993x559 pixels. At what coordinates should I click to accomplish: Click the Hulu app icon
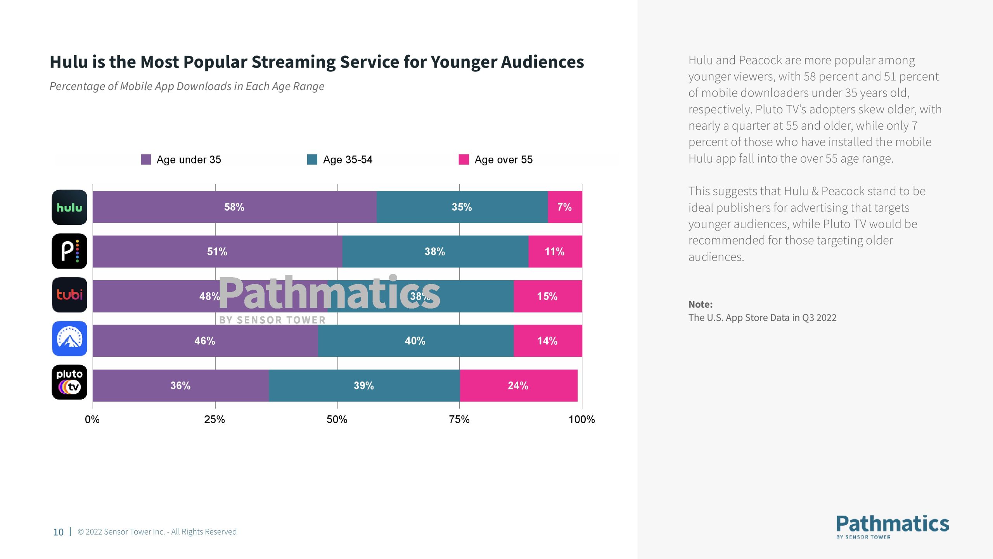[x=69, y=207]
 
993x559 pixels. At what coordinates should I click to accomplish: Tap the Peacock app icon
[x=69, y=251]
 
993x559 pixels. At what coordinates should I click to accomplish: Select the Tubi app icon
[x=69, y=295]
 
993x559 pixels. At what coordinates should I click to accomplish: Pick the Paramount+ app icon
[x=69, y=339]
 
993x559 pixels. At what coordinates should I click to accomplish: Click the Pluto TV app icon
[x=69, y=382]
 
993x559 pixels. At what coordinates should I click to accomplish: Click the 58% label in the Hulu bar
[x=234, y=207]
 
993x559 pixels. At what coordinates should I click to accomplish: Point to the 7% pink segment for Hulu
[x=565, y=207]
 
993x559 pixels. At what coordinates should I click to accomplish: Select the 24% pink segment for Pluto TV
[x=518, y=385]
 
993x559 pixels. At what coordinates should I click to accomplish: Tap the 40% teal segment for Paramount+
[x=415, y=341]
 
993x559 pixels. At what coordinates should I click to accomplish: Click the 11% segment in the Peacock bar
[x=555, y=252]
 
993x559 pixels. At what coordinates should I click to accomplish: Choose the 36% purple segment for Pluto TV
[x=181, y=385]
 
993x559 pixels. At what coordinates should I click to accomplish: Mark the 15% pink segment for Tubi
[x=547, y=297]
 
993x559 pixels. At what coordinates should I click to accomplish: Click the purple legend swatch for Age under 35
[x=146, y=160]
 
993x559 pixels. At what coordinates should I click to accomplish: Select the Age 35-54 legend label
[x=348, y=160]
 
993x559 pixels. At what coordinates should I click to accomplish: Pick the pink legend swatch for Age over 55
[x=464, y=160]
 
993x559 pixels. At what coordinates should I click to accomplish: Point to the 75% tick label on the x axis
[x=459, y=420]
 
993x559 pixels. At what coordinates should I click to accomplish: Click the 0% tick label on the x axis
[x=92, y=420]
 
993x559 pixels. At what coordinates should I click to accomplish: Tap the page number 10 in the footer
[x=58, y=532]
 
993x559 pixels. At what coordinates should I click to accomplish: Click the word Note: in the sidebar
[x=701, y=304]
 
